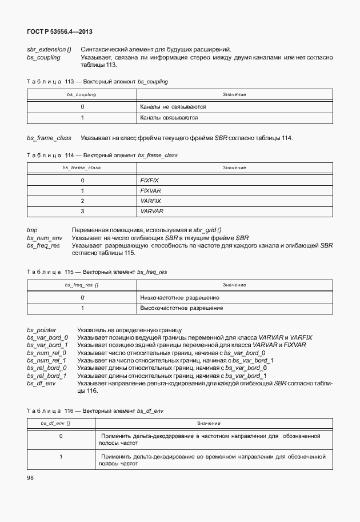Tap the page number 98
click(30, 477)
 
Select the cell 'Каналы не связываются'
click(173, 107)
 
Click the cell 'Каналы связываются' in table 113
click(169, 118)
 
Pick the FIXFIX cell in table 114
click(149, 180)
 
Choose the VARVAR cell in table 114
click(151, 211)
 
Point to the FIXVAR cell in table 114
click(150, 190)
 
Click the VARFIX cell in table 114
click(150, 201)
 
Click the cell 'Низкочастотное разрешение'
click(179, 298)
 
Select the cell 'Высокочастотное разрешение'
click(181, 308)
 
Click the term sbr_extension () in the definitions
click(49, 50)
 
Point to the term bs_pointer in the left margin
click(41, 330)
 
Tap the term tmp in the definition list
click(32, 230)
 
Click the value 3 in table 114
click(82, 211)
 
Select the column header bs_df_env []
click(56, 423)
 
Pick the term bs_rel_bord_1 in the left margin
click(47, 376)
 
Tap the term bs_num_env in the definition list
click(43, 238)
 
